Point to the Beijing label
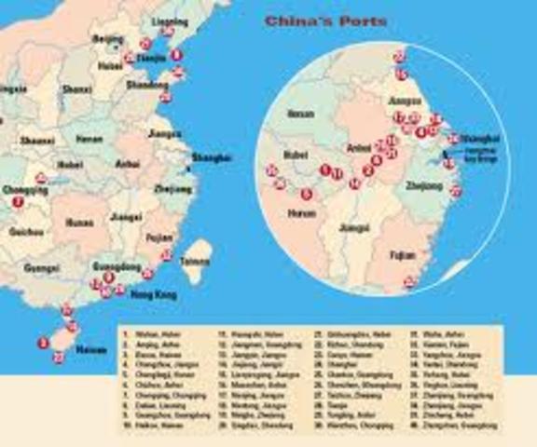[x=108, y=39]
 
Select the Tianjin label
[x=153, y=56]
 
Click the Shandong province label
[x=146, y=85]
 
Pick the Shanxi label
[x=77, y=89]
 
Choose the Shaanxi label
[x=38, y=140]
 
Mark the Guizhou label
[x=25, y=231]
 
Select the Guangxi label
[x=41, y=268]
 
